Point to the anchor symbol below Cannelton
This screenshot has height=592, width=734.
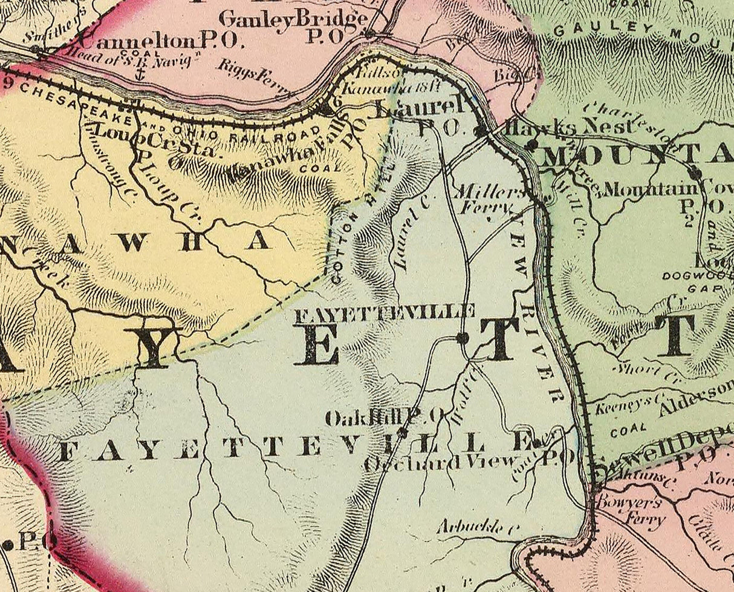(140, 74)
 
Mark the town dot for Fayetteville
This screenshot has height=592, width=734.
(463, 338)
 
